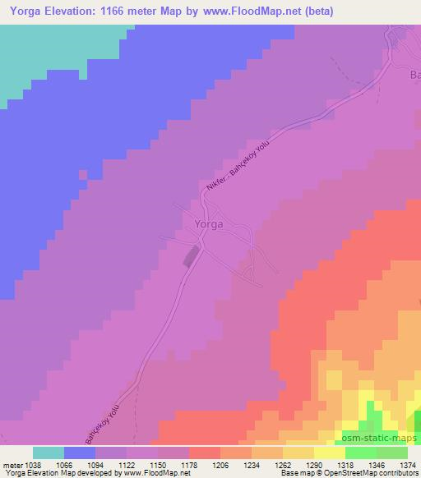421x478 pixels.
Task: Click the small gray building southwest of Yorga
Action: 191,256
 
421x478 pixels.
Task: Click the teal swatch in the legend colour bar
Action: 49,453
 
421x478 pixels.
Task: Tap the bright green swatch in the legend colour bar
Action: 361,453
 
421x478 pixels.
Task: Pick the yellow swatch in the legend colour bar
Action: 330,453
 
